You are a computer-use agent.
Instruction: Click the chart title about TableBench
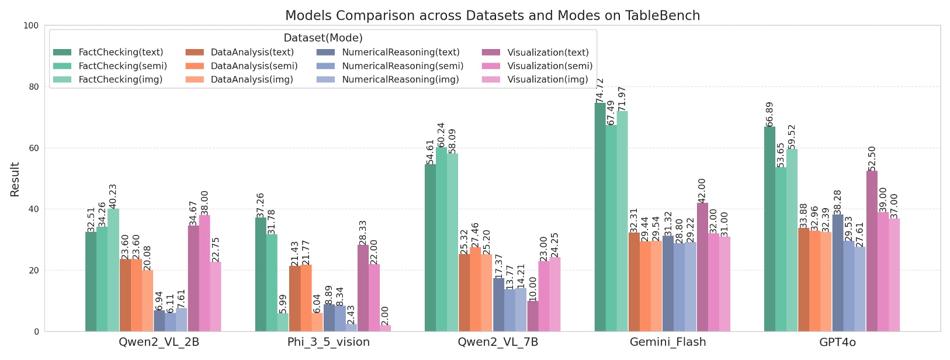tap(492, 16)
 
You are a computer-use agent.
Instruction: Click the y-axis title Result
tap(15, 179)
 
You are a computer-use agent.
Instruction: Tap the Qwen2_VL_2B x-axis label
tap(159, 342)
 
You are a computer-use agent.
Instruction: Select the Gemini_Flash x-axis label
tap(668, 342)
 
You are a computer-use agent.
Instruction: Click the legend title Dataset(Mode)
tap(323, 38)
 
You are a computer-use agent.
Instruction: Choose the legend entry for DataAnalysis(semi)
tap(254, 66)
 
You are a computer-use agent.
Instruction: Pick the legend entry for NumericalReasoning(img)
tap(400, 79)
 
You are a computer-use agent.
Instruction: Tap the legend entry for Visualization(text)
tap(548, 53)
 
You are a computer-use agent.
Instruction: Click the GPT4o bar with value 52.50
tap(872, 251)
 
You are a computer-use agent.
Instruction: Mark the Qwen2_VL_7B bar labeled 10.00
tap(533, 316)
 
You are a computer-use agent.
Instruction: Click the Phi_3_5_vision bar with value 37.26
tap(261, 275)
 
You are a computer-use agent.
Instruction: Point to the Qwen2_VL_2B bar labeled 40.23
tap(113, 270)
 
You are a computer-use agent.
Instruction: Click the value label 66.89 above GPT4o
tap(769, 114)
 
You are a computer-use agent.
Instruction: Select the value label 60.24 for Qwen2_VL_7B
tap(441, 134)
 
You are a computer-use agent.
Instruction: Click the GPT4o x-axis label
tap(837, 342)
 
